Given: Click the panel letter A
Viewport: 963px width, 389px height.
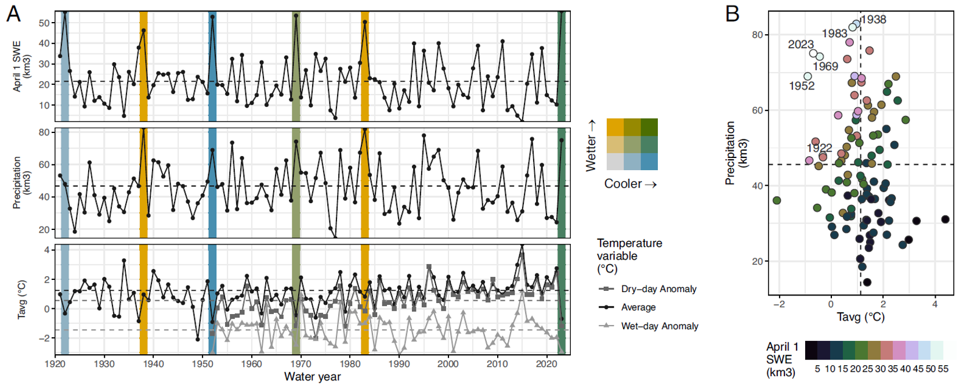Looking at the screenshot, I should point(13,13).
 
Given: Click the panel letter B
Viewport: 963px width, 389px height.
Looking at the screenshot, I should point(733,13).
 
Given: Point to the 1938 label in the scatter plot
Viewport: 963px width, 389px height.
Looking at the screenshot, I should point(873,20).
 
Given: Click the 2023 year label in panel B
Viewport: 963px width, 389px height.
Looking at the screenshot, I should point(801,45).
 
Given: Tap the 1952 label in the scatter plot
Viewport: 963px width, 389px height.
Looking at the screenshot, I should point(802,86).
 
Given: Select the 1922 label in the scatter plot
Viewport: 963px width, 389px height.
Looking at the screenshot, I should point(819,148).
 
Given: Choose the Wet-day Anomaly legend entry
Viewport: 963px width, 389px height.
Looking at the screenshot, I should point(659,326).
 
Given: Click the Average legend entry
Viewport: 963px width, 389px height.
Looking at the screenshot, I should point(638,307).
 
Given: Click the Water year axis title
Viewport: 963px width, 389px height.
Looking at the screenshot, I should point(312,377).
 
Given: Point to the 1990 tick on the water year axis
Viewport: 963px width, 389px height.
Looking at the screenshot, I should point(399,364).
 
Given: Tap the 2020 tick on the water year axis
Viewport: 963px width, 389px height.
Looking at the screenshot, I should point(546,364).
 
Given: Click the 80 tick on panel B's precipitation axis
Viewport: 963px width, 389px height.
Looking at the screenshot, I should point(757,35).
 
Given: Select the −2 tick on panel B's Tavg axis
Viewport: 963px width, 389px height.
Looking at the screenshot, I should point(779,304).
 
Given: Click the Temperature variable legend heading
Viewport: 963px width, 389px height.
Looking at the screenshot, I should point(629,255).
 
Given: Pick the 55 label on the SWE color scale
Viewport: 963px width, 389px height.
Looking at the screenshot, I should point(943,369).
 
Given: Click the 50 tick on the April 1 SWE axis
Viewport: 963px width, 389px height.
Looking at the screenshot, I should point(44,23).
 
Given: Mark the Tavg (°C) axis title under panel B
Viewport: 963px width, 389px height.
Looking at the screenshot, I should point(860,317).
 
